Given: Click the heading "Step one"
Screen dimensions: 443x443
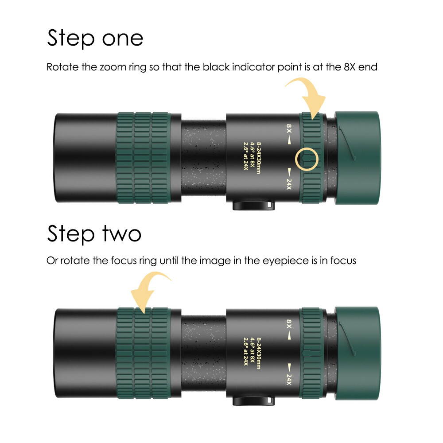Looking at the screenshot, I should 95,39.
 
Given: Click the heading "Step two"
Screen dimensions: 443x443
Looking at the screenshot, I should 94,233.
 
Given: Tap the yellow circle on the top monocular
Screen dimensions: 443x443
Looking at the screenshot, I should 307,159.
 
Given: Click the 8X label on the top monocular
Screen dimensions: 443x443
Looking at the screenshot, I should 289,128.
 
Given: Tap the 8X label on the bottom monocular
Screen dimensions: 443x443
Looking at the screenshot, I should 289,323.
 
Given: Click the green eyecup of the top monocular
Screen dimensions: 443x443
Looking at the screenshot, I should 358,158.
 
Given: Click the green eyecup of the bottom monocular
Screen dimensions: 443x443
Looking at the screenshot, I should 358,352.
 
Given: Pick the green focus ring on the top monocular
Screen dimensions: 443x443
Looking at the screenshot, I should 144,158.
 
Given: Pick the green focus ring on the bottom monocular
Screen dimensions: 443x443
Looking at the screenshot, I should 144,352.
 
